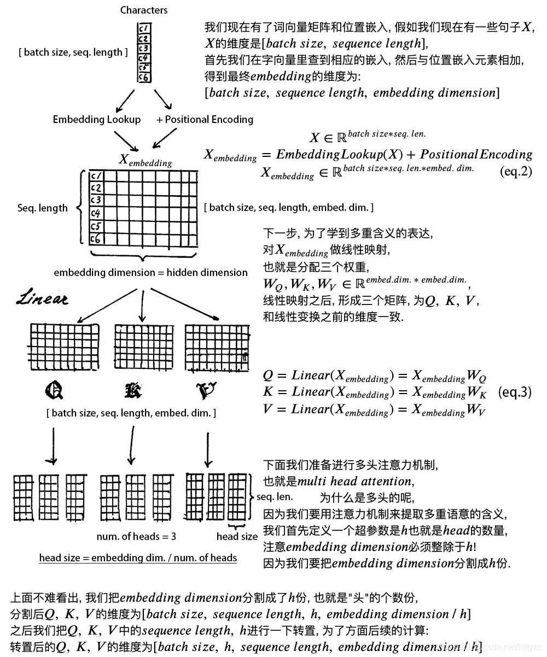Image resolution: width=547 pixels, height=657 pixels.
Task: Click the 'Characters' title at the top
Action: [144, 10]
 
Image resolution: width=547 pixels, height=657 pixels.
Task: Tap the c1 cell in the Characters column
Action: [144, 28]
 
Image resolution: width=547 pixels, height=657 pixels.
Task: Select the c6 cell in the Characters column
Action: [144, 78]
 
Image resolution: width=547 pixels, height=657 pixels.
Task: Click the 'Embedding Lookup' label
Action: [97, 119]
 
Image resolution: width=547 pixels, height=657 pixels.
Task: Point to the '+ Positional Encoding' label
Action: [205, 119]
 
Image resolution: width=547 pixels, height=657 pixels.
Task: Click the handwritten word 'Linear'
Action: [42, 298]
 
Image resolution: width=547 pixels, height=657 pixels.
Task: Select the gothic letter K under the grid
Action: [132, 390]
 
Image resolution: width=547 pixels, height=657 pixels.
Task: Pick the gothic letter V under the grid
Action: [206, 390]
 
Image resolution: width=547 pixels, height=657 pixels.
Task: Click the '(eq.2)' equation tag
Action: [516, 171]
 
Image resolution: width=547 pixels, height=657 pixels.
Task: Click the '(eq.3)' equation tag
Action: [515, 392]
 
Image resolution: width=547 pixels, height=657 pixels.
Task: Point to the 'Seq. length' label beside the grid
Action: [43, 208]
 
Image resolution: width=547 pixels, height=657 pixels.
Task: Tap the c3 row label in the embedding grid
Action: [96, 200]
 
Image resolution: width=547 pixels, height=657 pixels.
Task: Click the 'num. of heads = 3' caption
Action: [136, 536]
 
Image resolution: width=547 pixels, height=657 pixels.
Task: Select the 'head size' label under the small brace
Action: [237, 536]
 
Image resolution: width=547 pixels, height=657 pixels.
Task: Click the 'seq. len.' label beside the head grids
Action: [274, 497]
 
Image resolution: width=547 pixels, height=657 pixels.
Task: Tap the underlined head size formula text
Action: [138, 558]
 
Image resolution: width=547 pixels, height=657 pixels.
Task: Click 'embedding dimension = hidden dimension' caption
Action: [150, 272]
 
